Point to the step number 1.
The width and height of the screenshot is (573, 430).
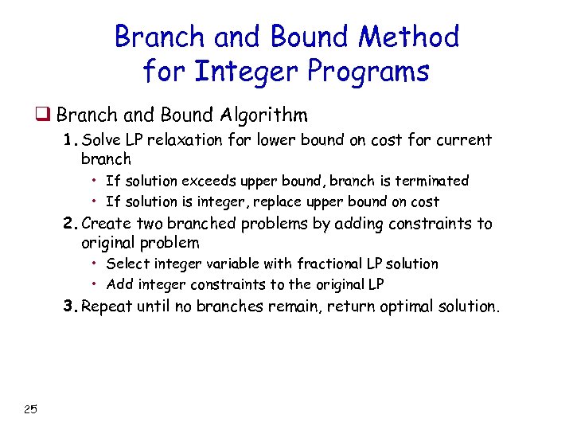coord(71,141)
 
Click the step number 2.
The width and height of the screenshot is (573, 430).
coord(71,225)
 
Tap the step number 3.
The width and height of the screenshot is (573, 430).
coord(71,307)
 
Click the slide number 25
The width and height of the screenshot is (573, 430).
coord(30,409)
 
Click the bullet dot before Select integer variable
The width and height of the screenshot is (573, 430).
coord(94,264)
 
